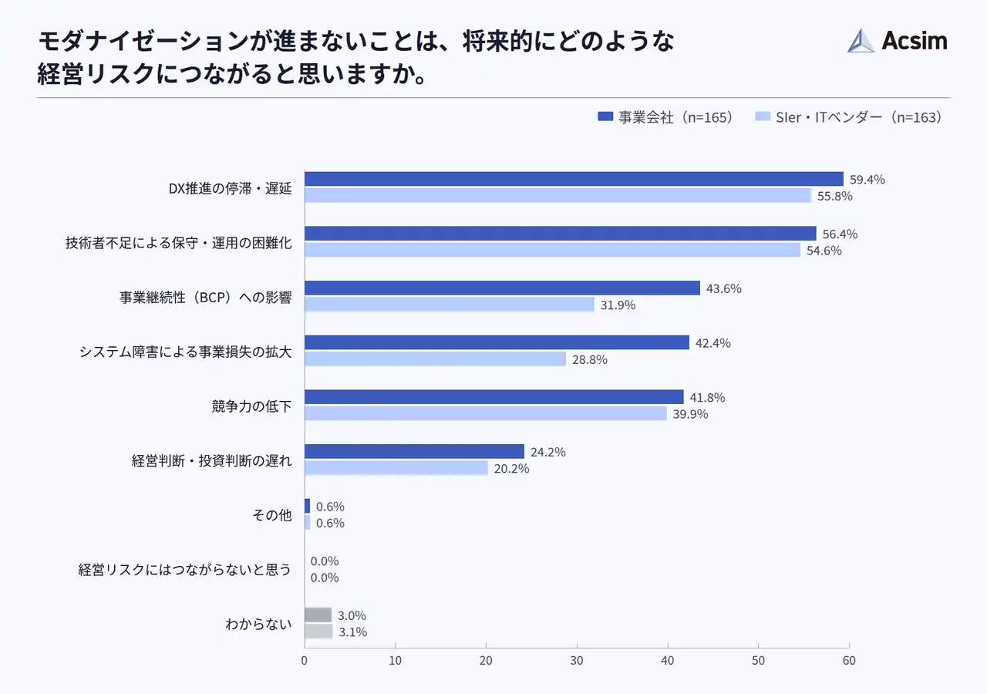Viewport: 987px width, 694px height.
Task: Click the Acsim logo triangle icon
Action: [861, 41]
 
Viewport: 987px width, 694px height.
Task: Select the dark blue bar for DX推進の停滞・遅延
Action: [574, 179]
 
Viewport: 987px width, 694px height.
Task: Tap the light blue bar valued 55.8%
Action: [558, 196]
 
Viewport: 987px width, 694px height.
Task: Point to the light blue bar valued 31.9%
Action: [449, 305]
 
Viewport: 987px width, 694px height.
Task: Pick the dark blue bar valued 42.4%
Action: [497, 342]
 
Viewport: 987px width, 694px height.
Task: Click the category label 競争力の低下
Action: [251, 406]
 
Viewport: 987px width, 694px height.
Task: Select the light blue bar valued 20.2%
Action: [396, 468]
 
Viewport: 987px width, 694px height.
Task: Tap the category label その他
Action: [272, 515]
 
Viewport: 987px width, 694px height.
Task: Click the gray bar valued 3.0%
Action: [318, 615]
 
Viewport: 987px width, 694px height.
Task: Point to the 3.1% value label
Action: [352, 632]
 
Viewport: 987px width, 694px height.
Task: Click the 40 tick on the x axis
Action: [668, 661]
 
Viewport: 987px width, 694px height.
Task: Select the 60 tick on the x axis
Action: [849, 661]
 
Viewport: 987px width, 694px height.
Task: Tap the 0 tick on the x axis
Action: [305, 661]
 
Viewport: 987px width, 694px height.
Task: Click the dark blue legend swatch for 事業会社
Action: [605, 117]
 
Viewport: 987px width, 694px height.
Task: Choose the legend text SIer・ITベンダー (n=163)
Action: [858, 117]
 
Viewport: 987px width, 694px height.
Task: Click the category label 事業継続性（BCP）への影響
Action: [206, 297]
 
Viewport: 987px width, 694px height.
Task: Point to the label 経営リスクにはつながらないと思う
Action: [185, 570]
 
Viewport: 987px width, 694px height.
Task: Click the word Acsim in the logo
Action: [914, 41]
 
